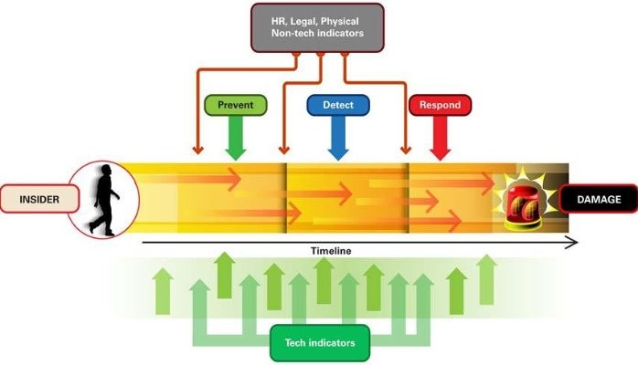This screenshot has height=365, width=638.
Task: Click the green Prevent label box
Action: (236, 106)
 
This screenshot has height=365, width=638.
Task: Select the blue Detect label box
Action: (337, 106)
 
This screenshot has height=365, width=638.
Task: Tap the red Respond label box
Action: (440, 106)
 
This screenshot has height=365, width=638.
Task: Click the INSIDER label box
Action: (36, 197)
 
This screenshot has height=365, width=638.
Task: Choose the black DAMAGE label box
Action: (598, 197)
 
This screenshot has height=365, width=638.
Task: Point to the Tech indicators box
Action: (319, 344)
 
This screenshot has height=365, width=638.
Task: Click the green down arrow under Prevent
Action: (236, 141)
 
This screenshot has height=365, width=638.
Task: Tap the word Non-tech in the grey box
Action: (292, 32)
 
